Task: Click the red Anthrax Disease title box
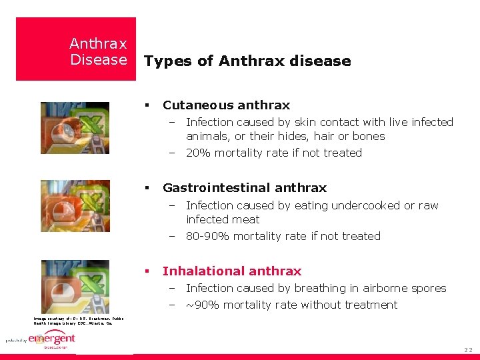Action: pos(75,49)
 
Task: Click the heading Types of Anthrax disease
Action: pos(247,61)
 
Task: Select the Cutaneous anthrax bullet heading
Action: pos(226,105)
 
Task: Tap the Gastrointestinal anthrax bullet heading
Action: pos(245,188)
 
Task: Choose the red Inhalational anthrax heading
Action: pos(232,271)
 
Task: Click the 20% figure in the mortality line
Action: pos(198,153)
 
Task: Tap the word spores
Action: pos(428,289)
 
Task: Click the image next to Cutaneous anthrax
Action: pos(75,128)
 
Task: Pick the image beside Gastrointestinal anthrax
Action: pos(75,205)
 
